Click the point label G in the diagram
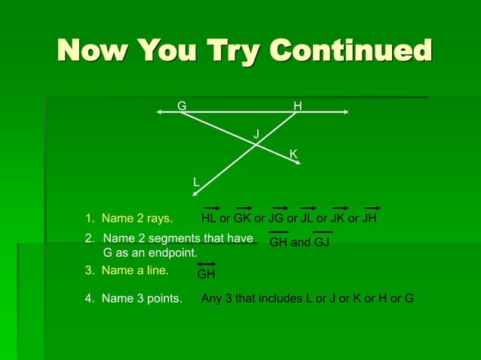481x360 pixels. tap(182, 106)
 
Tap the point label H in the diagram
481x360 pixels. tap(298, 107)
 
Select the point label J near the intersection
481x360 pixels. tap(256, 134)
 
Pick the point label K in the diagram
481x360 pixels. tap(294, 154)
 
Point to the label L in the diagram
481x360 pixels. tap(196, 182)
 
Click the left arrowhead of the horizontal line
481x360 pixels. tap(159, 112)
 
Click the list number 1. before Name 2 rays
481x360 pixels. tap(89, 219)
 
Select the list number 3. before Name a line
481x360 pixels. tap(89, 270)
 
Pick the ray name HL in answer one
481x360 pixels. tap(209, 219)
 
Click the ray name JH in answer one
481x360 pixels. tap(369, 219)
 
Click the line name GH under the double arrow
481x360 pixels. tap(206, 275)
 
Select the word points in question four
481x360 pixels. tap(163, 298)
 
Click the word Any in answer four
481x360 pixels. tap(212, 298)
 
